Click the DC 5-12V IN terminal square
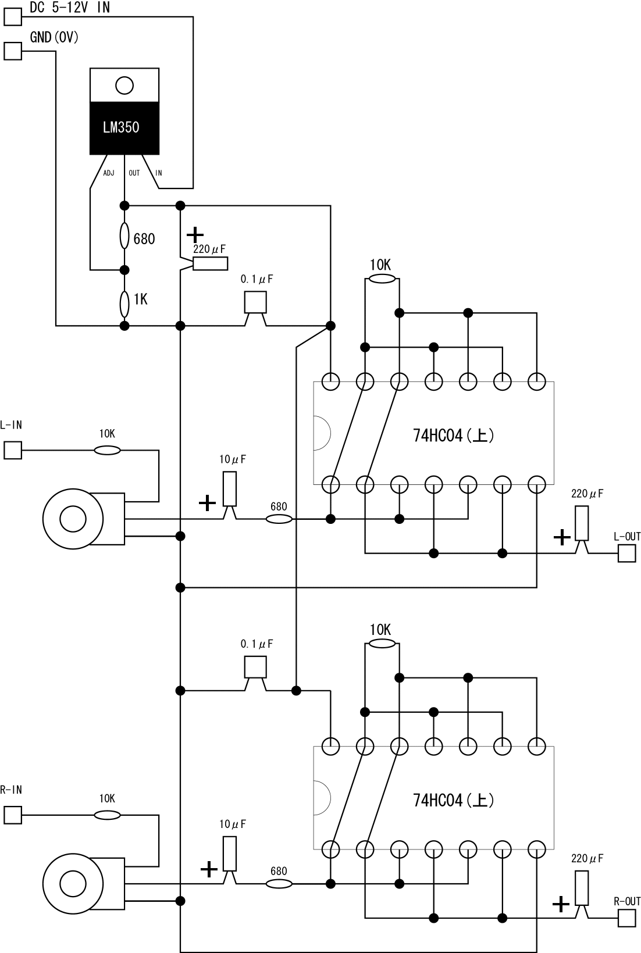[13, 17]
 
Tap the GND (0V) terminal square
[13, 51]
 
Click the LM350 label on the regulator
[121, 127]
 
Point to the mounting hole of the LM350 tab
[124, 85]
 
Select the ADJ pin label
[109, 173]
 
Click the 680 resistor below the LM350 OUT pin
[124, 235]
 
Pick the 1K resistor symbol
[124, 304]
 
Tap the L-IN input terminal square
[13, 450]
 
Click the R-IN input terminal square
[13, 815]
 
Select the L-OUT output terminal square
[626, 553]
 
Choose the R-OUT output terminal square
[626, 918]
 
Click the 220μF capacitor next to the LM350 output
[210, 264]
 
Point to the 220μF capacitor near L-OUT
[582, 523]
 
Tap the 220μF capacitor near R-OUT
[582, 888]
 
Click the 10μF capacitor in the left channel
[230, 489]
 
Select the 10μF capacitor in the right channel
[230, 854]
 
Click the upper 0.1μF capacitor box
[255, 302]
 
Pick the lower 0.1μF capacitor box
[255, 667]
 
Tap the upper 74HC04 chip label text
[453, 436]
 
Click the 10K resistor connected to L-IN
[107, 450]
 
